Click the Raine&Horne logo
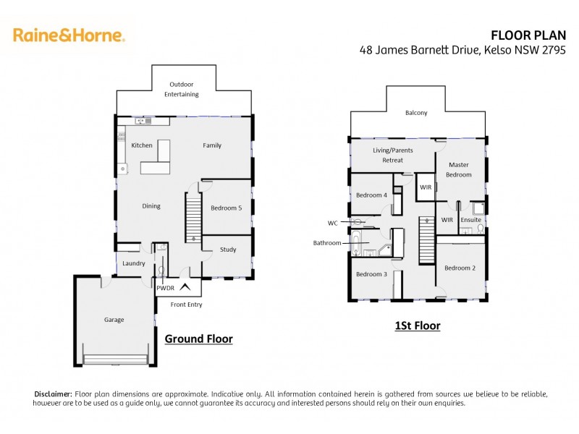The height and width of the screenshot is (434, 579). point(69,34)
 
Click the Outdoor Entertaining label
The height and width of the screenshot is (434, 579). point(181,90)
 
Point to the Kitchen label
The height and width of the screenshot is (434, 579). point(142,145)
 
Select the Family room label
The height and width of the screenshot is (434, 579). point(212,145)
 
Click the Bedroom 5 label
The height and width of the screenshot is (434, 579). point(227,208)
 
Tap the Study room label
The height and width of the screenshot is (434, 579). point(228,250)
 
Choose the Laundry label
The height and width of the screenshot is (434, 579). point(134,263)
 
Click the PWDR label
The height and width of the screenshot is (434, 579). point(166,288)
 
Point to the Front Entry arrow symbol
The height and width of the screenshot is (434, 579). point(186,287)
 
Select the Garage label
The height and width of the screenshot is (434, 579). point(114,320)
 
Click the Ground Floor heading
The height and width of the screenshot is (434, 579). point(198,339)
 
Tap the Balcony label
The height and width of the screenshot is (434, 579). point(416,113)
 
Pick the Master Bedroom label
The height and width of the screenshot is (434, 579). point(459,169)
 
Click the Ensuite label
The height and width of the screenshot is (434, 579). point(470,219)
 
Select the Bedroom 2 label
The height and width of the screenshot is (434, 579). point(460,268)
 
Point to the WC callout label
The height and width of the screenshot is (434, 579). point(332,222)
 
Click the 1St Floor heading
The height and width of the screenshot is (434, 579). point(417,325)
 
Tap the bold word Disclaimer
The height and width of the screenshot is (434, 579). point(53,393)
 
